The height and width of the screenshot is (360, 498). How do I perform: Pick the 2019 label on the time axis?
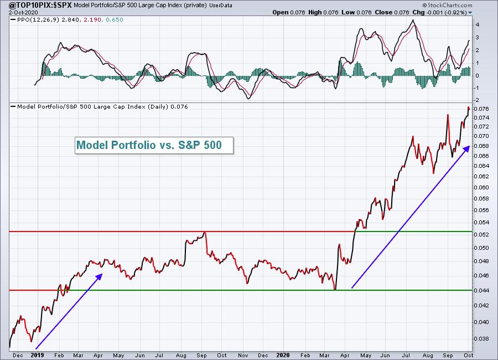point(38,354)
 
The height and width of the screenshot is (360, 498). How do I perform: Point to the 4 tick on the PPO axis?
point(477,24)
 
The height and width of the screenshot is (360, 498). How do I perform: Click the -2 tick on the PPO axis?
point(477,100)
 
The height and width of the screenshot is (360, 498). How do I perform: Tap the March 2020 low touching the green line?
point(335,289)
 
